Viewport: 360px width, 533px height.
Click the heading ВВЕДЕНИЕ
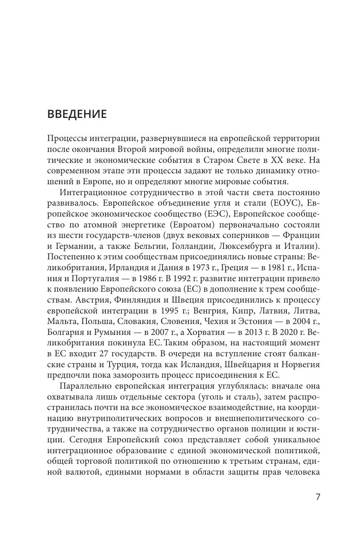(x=77, y=114)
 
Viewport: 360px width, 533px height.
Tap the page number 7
(x=318, y=497)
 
